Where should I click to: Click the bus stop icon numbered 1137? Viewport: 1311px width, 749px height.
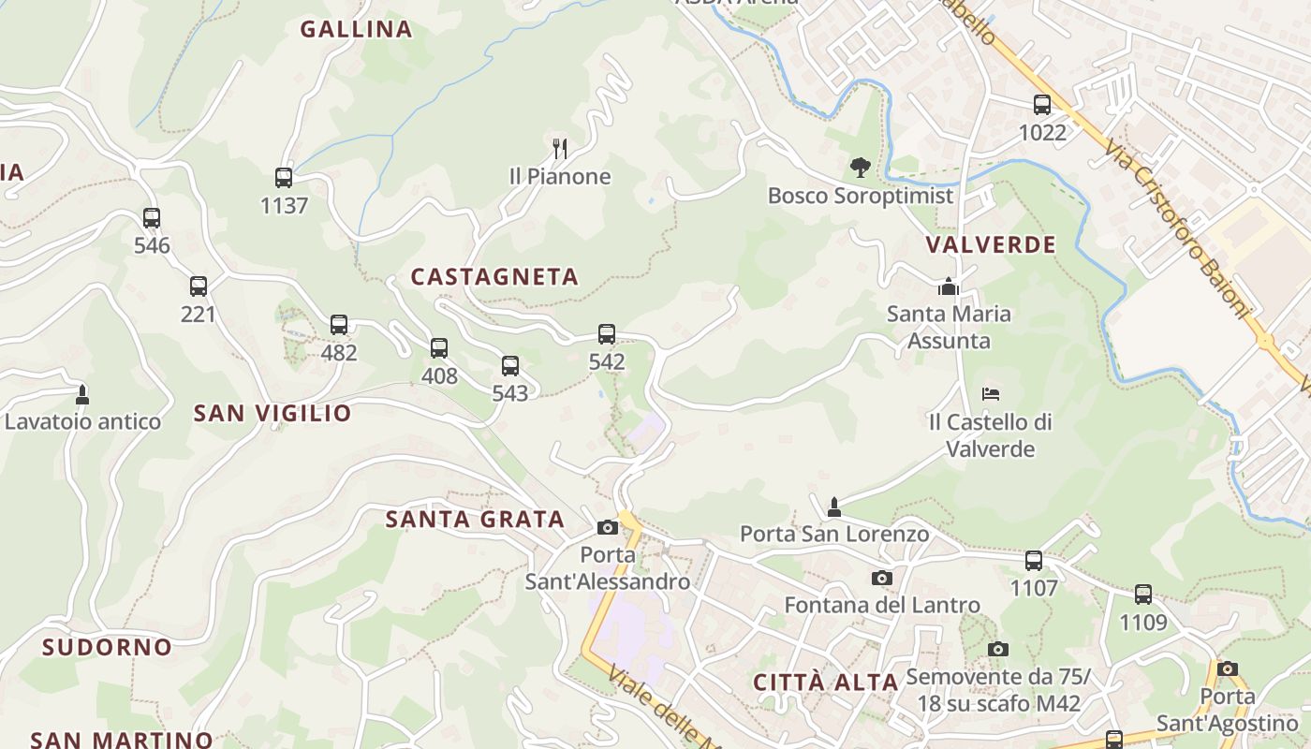click(284, 177)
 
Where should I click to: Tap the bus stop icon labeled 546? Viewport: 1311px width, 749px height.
click(152, 218)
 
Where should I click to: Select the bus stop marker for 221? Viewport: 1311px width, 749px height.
click(199, 286)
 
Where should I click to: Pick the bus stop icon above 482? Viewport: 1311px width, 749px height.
click(339, 325)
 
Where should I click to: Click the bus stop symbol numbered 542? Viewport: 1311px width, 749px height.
click(607, 333)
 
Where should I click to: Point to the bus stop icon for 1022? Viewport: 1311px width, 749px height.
click(1042, 105)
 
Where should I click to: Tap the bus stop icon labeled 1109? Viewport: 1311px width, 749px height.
click(1143, 595)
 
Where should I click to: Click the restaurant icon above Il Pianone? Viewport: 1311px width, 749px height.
click(560, 148)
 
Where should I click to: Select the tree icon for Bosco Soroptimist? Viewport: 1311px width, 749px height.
click(860, 168)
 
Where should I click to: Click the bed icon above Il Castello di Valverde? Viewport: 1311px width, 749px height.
click(991, 393)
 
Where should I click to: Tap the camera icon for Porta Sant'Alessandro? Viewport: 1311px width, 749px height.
click(607, 527)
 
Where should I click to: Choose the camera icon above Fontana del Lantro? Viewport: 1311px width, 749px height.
click(882, 578)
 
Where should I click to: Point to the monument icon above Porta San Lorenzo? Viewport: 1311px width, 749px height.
click(834, 507)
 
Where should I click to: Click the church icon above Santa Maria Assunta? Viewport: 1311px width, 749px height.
click(949, 286)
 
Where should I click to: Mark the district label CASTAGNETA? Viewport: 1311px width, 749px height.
click(494, 276)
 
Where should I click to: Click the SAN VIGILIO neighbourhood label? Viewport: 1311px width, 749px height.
click(273, 413)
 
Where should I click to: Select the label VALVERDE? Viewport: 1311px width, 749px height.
click(991, 245)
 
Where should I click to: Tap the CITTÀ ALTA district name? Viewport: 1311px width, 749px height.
click(826, 683)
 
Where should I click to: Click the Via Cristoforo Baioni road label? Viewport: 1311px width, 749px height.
click(1176, 229)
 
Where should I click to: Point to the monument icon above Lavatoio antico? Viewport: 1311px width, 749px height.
click(82, 394)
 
